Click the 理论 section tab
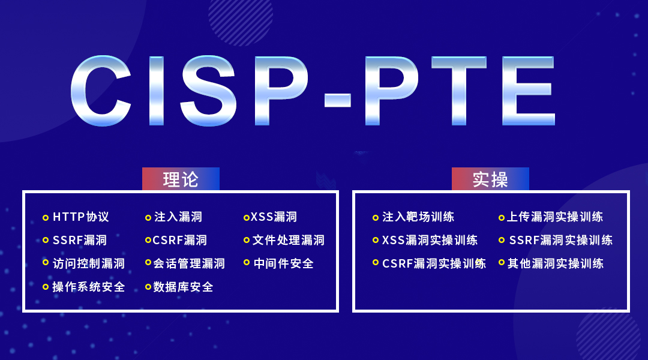pyautogui.click(x=181, y=179)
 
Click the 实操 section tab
pyautogui.click(x=490, y=179)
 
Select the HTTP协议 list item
pyautogui.click(x=81, y=217)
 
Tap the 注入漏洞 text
pyautogui.click(x=178, y=217)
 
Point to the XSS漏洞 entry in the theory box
pyautogui.click(x=274, y=217)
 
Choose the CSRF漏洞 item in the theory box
pyautogui.click(x=180, y=240)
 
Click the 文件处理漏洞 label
pyautogui.click(x=289, y=240)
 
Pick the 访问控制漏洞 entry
pyautogui.click(x=89, y=263)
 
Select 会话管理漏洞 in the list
pyautogui.click(x=189, y=263)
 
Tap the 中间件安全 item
pyautogui.click(x=283, y=263)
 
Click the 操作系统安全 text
pyautogui.click(x=88, y=287)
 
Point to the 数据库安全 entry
pyautogui.click(x=183, y=287)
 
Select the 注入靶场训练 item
pyautogui.click(x=418, y=217)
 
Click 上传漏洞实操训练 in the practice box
pyautogui.click(x=555, y=217)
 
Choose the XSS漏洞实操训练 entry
pyautogui.click(x=430, y=240)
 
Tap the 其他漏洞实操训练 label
pyautogui.click(x=556, y=263)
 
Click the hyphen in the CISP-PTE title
pyautogui.click(x=338, y=100)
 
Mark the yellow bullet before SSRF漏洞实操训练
pyautogui.click(x=501, y=240)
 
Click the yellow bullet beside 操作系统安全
pyautogui.click(x=46, y=287)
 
